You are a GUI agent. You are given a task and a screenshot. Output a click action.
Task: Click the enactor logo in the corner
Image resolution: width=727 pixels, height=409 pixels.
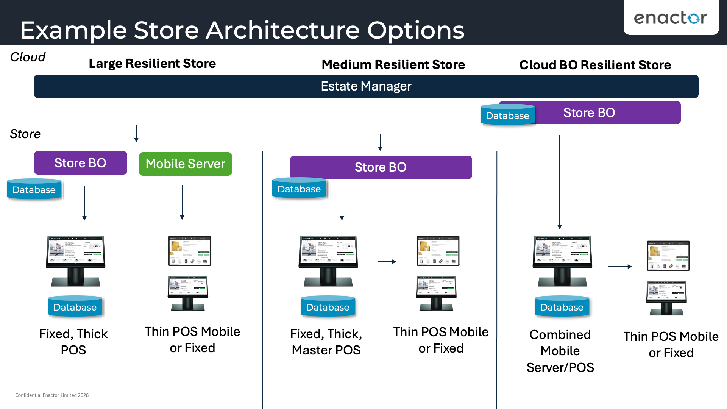coord(671,18)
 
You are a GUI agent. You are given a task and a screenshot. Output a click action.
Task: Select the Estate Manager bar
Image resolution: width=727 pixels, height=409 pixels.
coord(366,86)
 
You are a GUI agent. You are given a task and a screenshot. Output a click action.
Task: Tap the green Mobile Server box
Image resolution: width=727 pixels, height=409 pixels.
coord(185,164)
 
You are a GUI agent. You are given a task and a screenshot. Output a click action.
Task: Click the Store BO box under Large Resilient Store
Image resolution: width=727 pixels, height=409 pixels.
coord(80,163)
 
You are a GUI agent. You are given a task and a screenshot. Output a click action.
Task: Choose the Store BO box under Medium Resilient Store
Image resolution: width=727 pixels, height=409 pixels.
coord(381,167)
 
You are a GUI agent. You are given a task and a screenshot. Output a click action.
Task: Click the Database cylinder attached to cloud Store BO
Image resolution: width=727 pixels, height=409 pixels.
coord(507,115)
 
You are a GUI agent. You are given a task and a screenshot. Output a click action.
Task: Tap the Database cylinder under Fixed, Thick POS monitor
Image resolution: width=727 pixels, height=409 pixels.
coord(75,307)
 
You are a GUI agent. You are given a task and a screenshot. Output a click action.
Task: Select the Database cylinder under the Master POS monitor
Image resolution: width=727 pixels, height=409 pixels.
coord(328,307)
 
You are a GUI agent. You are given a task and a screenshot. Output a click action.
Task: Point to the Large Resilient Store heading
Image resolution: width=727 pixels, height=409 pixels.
coord(152,64)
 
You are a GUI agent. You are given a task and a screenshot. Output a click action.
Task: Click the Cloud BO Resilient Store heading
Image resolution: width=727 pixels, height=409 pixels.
coord(595,65)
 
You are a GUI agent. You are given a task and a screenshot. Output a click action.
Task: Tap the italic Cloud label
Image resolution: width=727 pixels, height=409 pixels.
coord(28,57)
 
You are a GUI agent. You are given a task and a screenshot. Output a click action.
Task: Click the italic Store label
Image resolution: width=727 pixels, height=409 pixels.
coord(25,134)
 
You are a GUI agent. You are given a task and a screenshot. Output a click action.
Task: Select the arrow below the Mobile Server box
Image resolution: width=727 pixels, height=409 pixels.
coord(182,202)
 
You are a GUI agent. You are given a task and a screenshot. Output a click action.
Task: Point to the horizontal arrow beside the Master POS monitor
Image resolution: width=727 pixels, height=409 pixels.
coord(387,262)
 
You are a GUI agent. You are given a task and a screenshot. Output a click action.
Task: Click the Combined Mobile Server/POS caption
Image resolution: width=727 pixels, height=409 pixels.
coord(560,351)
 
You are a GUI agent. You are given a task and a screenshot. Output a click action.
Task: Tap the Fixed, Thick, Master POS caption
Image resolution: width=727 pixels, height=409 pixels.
coord(326,342)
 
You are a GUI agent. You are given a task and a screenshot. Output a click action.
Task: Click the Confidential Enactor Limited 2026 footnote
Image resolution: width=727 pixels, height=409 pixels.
coord(52,395)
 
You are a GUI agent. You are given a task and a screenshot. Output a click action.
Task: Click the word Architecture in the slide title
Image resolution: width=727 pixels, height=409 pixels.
coord(282,30)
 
